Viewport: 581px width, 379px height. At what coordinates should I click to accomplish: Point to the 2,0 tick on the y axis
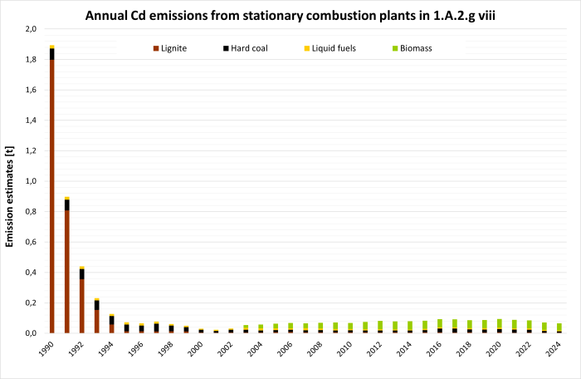31,29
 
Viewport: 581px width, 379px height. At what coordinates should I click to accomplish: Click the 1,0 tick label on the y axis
31,181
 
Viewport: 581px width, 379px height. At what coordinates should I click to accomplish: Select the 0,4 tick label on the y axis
31,273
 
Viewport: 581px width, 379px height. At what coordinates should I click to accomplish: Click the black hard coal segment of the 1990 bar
51,54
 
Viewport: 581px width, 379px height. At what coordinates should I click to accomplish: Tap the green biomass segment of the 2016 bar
440,323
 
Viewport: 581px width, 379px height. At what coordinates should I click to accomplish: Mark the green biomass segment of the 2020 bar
500,323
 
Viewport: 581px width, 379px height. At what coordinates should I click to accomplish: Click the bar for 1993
96,320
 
